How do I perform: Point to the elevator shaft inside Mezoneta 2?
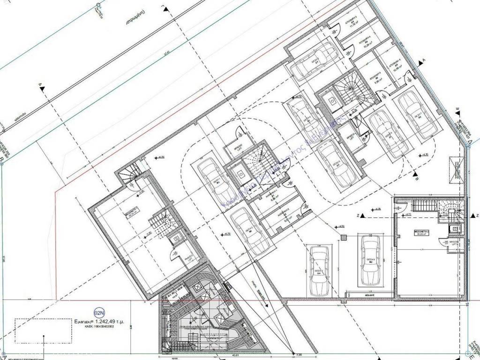pyautogui.click(x=455, y=229)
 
